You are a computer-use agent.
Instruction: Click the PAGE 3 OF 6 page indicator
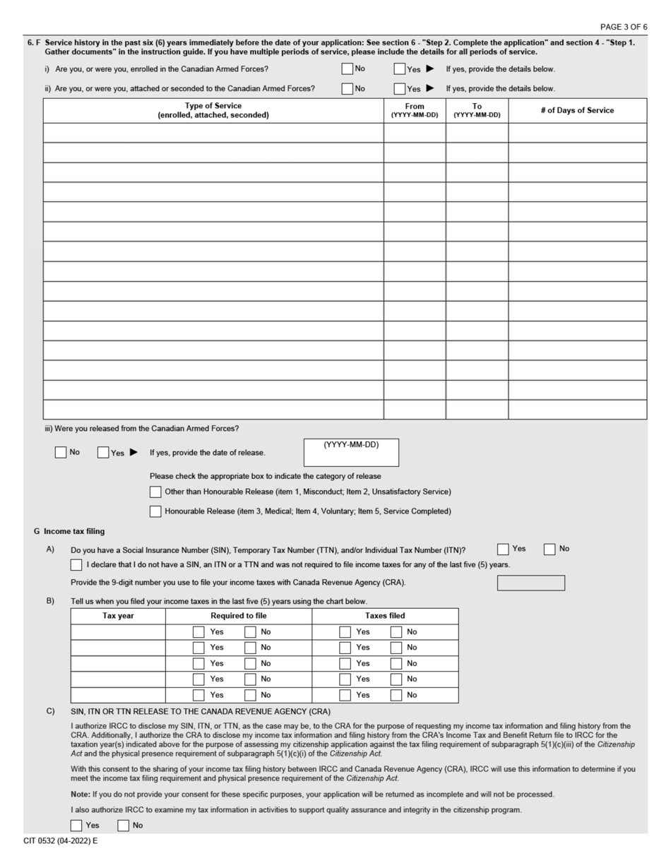[623, 27]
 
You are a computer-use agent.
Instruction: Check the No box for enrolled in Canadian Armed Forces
[347, 69]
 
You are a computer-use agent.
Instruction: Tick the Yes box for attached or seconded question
[400, 89]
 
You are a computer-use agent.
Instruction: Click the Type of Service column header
[213, 110]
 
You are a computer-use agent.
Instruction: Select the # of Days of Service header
[577, 110]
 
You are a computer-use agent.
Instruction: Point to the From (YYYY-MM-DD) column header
[415, 110]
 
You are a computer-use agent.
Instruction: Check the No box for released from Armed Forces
[61, 453]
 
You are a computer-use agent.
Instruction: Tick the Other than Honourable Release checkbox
[155, 492]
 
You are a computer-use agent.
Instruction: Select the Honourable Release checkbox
[155, 511]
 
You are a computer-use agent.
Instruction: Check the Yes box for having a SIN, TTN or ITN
[503, 549]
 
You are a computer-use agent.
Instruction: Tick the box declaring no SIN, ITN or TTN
[76, 565]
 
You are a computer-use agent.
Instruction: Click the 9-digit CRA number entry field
[530, 583]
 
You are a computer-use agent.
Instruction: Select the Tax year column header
[118, 616]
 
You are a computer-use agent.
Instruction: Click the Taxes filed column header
[385, 616]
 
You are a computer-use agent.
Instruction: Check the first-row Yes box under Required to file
[198, 632]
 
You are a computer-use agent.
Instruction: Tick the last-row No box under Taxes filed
[396, 695]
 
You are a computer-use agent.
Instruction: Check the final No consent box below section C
[124, 825]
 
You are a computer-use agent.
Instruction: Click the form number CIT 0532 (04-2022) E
[60, 841]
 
